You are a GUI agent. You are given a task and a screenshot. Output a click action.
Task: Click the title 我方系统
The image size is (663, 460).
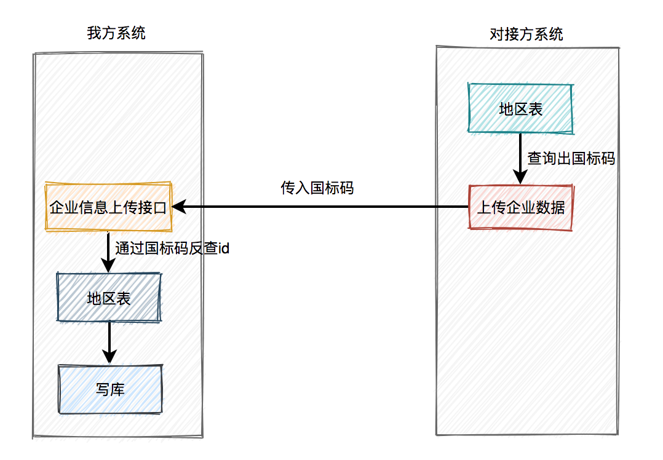[116, 33]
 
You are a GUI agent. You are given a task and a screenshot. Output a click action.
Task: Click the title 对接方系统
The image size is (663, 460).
[526, 34]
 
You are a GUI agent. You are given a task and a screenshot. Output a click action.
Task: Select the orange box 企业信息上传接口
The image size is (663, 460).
[109, 207]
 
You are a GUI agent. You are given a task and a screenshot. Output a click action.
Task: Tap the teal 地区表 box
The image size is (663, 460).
[520, 108]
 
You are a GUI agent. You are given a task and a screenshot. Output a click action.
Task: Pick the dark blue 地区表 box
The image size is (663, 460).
[109, 297]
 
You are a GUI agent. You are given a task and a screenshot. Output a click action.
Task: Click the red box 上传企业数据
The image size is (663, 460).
[520, 207]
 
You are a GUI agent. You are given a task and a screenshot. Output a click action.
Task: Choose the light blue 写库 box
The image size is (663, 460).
[110, 389]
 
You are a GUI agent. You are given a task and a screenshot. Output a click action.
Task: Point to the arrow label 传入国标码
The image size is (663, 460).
[317, 188]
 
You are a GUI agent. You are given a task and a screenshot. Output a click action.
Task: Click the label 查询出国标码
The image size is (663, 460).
[571, 158]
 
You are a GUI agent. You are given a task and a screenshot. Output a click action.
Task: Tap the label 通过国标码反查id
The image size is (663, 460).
[172, 248]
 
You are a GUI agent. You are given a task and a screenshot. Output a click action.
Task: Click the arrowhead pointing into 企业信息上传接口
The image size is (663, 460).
[179, 207]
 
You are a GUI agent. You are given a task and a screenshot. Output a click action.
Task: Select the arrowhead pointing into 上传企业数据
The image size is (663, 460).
[520, 177]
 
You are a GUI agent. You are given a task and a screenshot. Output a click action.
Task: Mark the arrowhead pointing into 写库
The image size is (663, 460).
[109, 357]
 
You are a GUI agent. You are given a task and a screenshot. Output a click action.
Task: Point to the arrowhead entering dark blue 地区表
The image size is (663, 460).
[108, 266]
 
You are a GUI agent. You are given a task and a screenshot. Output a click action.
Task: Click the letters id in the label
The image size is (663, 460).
[224, 248]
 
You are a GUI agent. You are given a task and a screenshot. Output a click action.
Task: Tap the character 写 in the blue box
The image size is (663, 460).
[103, 389]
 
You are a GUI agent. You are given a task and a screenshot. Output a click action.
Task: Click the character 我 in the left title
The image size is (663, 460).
[94, 33]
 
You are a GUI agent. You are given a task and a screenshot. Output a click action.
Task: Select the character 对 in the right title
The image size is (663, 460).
[497, 34]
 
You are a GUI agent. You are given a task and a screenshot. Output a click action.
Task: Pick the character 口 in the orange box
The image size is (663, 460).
[161, 207]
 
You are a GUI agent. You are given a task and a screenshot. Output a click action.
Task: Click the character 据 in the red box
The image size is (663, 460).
[558, 207]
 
